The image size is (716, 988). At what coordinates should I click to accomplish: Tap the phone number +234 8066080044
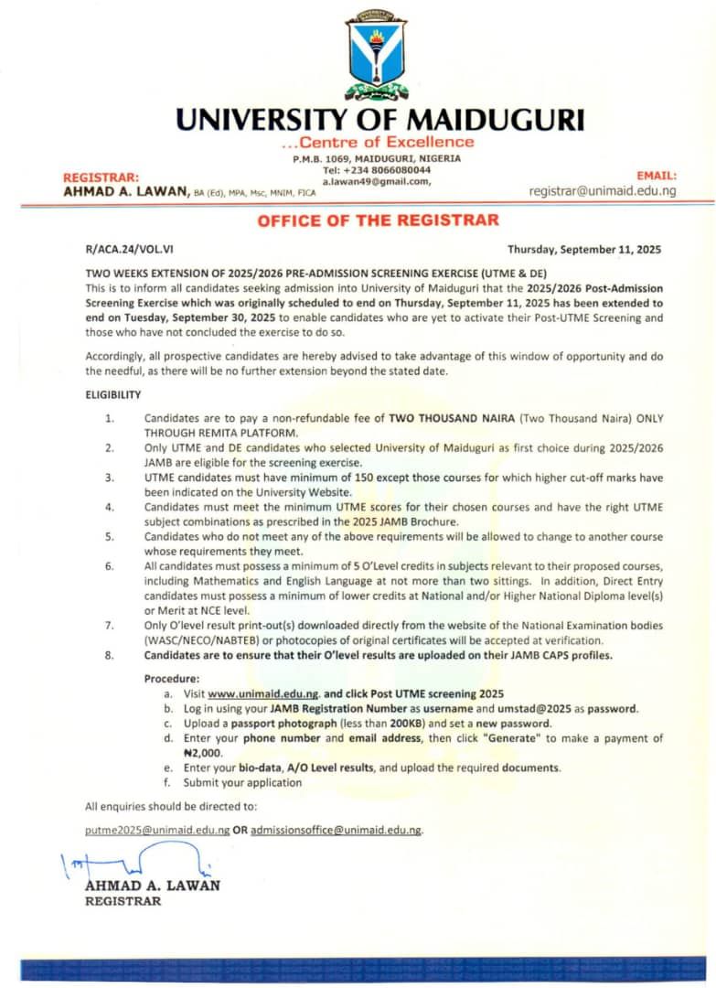(x=377, y=170)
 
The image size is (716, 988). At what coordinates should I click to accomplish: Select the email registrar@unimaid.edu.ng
(x=603, y=191)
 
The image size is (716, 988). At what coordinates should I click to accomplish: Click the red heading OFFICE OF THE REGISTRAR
(x=378, y=220)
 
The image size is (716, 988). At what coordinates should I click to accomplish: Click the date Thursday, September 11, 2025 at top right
(x=583, y=249)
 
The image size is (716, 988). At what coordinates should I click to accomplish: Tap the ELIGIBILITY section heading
(x=113, y=394)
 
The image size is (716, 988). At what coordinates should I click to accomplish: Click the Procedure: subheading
(x=172, y=679)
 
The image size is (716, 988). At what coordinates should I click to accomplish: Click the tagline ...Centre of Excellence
(x=377, y=142)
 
